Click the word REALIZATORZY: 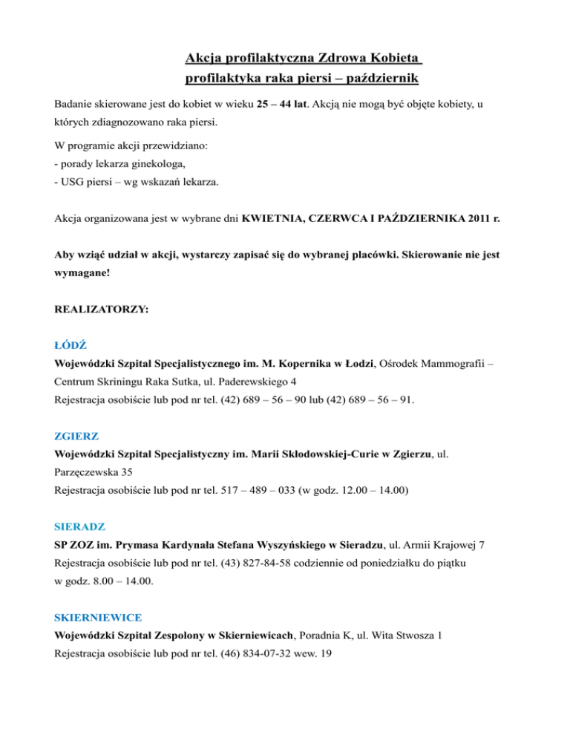point(102,304)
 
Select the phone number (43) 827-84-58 point(263,566)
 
